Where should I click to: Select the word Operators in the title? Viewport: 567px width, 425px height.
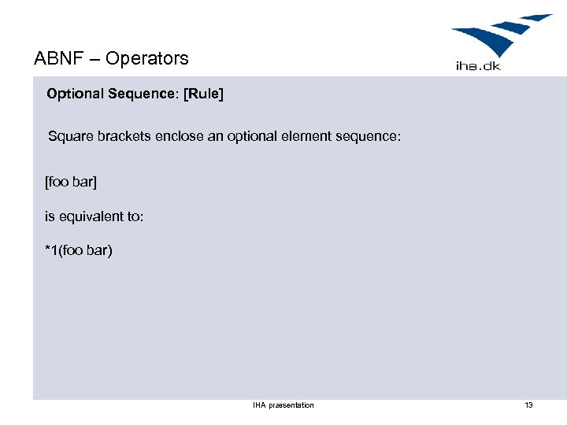[147, 58]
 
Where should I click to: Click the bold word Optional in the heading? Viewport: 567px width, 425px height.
[75, 94]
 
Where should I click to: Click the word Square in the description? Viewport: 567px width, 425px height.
[69, 136]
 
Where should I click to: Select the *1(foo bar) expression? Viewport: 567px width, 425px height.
[79, 251]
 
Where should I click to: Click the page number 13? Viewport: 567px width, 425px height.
[528, 405]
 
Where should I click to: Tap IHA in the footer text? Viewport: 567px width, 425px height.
[258, 405]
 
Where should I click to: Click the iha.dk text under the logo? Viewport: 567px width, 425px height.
[478, 66]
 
